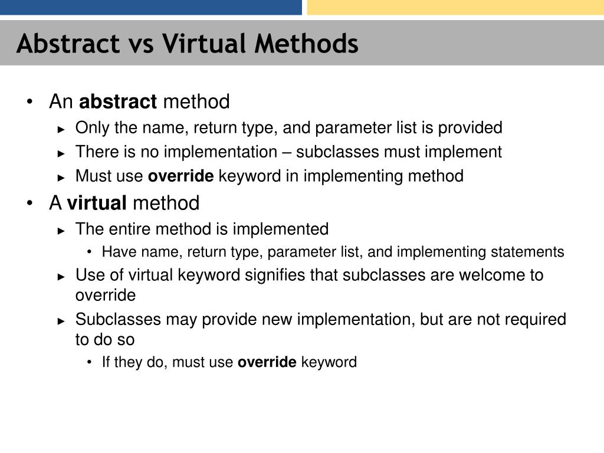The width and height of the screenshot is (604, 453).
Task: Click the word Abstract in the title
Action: pyautogui.click(x=67, y=44)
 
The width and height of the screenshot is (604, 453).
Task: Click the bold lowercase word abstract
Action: pyautogui.click(x=118, y=102)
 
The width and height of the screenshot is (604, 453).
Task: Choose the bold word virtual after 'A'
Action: pyautogui.click(x=97, y=203)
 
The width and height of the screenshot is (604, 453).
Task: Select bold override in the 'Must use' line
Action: pyautogui.click(x=180, y=176)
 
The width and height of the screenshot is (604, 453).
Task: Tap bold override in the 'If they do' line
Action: pyautogui.click(x=267, y=362)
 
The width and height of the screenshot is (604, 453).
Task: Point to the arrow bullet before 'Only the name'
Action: pyautogui.click(x=61, y=129)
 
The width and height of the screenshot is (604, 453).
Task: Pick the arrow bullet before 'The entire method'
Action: pyautogui.click(x=61, y=230)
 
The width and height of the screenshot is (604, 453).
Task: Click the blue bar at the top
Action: pyautogui.click(x=151, y=7)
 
